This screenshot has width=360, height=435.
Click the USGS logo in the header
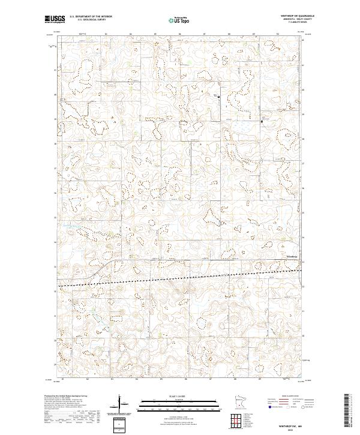click(x=54, y=19)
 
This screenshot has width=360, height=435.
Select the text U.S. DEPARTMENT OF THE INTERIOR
click(x=91, y=17)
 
